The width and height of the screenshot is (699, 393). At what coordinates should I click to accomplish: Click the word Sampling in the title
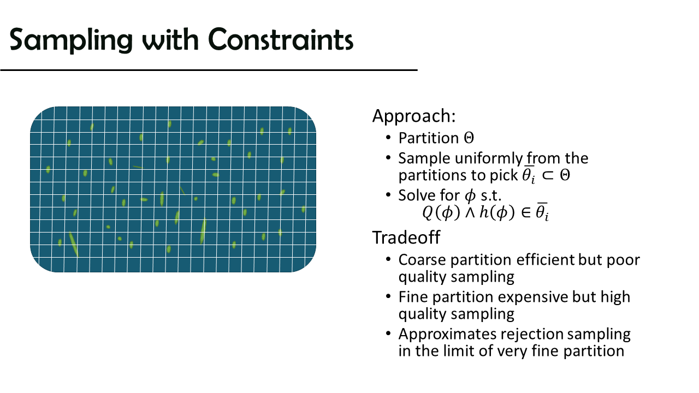click(71, 40)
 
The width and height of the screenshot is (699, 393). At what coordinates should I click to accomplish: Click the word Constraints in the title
click(281, 39)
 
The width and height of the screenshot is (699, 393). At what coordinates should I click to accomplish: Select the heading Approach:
click(414, 116)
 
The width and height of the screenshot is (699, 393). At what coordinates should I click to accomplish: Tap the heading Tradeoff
click(406, 237)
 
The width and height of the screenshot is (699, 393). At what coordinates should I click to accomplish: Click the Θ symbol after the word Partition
click(469, 138)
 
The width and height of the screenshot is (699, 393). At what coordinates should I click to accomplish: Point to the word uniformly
click(489, 159)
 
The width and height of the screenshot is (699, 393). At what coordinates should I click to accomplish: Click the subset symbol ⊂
click(548, 175)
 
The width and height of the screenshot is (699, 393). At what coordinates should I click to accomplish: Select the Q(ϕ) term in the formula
click(441, 213)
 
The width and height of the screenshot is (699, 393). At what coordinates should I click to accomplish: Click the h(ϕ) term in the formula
click(497, 213)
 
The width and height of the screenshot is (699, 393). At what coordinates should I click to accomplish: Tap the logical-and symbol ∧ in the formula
click(470, 213)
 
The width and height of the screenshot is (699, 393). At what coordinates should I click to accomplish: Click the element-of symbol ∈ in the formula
click(526, 213)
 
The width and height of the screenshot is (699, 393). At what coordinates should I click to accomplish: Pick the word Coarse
click(422, 260)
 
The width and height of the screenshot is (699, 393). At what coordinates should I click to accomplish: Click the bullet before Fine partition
click(388, 296)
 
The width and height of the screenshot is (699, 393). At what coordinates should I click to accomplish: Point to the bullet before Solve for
click(388, 195)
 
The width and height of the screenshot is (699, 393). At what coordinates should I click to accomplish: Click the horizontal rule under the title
click(209, 70)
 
